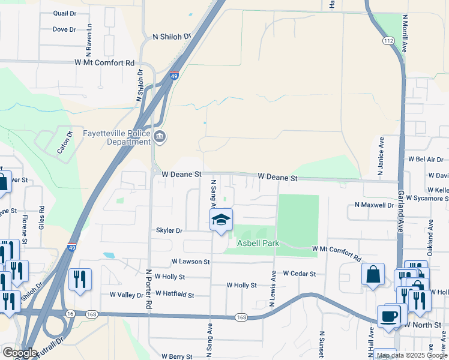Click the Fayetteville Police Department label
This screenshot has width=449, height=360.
pos(125,138)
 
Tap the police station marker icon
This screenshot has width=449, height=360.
pos(160,137)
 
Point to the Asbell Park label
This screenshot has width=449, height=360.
pos(258,243)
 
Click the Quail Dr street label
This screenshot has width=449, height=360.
pos(65,13)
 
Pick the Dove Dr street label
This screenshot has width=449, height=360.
pos(64,29)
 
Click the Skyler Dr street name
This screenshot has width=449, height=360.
pos(169,230)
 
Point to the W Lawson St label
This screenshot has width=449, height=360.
pos(190,262)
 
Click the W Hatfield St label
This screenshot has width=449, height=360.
pos(175,294)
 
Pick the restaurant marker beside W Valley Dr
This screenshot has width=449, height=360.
pos(80,279)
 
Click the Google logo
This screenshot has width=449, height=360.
pos(19,353)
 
